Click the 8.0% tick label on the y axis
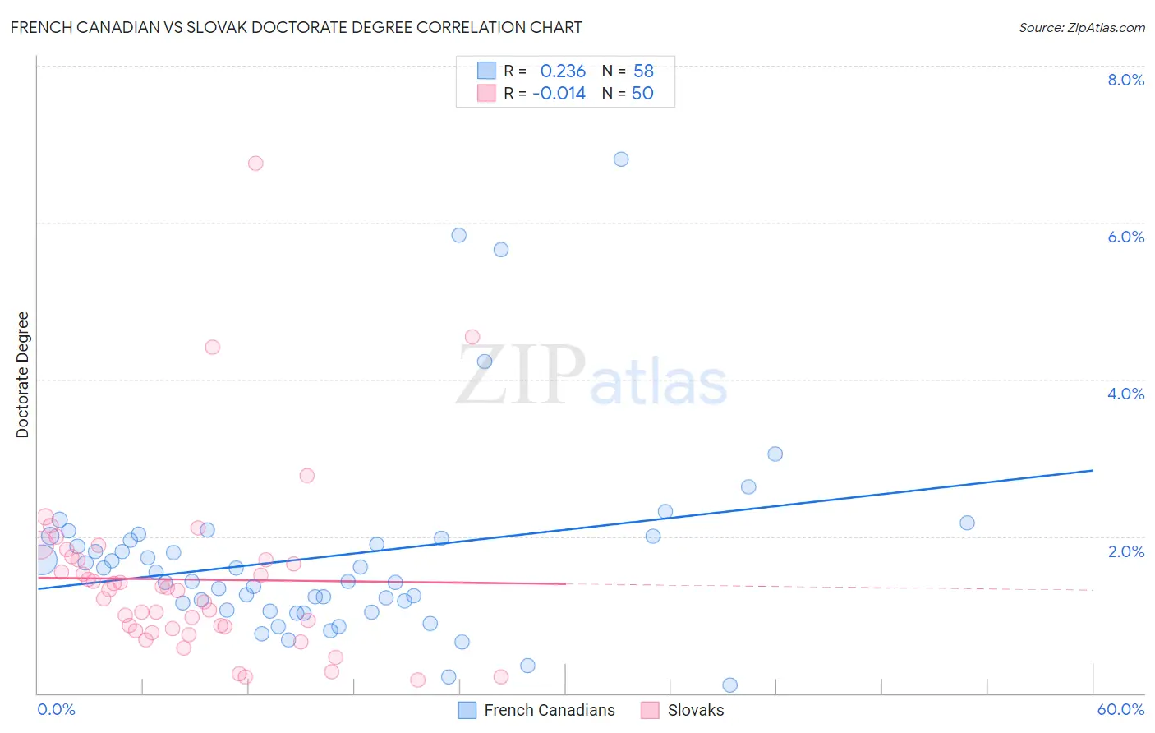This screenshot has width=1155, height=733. coord(1125,80)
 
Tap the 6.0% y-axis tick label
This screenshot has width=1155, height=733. coord(1125,237)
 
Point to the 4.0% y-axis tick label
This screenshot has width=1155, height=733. coord(1125,394)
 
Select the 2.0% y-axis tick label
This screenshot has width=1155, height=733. coord(1125,551)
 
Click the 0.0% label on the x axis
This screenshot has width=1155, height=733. coord(56,709)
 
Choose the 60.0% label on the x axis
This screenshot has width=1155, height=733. coord(1120,709)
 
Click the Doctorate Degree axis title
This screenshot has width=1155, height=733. coord(23,375)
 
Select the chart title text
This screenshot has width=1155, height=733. coord(297,27)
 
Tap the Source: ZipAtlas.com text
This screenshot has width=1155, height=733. coord(1081,27)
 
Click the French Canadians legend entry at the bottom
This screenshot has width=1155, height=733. coord(549,710)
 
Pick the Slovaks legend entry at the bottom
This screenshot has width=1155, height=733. coord(695,710)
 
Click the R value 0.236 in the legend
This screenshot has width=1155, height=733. coord(563,71)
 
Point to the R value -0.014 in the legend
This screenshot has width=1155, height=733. coord(559,94)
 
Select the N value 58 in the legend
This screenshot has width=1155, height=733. coord(643,71)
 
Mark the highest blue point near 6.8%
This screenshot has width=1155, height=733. coord(621,159)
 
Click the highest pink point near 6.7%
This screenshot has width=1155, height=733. coord(255,164)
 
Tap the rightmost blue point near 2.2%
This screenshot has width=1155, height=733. coord(967,523)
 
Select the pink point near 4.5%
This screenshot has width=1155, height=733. coord(472,337)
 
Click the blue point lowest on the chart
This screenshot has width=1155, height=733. coord(729,685)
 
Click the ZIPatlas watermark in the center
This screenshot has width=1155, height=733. coord(591,376)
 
